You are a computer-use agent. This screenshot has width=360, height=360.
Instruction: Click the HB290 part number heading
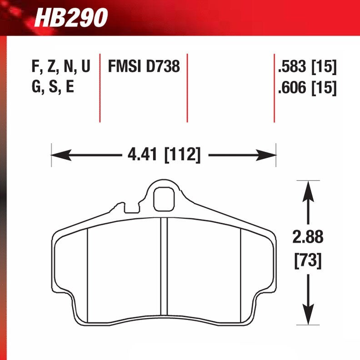coord(71,18)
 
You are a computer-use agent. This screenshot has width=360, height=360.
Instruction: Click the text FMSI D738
coord(144,67)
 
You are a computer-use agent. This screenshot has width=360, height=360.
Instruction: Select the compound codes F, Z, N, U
coord(61,67)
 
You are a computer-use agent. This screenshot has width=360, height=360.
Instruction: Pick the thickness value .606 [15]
coord(306,87)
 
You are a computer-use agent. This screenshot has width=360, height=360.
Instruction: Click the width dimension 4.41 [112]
coord(164,155)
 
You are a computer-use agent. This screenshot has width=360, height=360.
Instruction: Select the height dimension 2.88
coord(308,237)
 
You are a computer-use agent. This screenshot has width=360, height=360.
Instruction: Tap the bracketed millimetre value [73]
coord(308,260)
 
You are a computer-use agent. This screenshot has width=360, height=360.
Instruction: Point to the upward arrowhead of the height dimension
coord(308,187)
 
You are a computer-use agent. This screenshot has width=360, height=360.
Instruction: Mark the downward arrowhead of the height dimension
coord(308,318)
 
